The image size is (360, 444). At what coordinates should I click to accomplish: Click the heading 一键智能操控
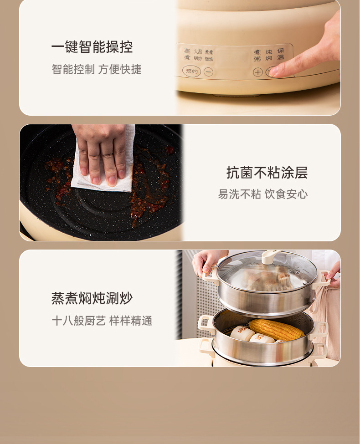tap(92, 47)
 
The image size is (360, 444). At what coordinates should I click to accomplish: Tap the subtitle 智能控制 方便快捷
tap(97, 70)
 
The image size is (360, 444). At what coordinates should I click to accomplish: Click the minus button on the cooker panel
tap(208, 72)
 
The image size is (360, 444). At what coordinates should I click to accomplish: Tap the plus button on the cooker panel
tap(257, 72)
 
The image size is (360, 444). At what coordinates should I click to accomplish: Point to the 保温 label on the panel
tap(281, 54)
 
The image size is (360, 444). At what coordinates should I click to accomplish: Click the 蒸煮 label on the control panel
tap(187, 55)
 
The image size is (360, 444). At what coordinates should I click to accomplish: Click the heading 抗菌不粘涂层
tap(267, 173)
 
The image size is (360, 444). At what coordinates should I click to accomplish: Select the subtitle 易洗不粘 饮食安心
tap(262, 194)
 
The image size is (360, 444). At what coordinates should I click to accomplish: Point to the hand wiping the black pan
tap(103, 150)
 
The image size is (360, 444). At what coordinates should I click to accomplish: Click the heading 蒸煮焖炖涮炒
tap(92, 299)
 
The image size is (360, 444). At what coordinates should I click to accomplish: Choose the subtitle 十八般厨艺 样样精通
tap(102, 321)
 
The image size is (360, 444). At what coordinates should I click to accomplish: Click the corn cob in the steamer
tap(276, 329)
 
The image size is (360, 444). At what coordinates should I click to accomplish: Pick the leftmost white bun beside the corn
tap(242, 333)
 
